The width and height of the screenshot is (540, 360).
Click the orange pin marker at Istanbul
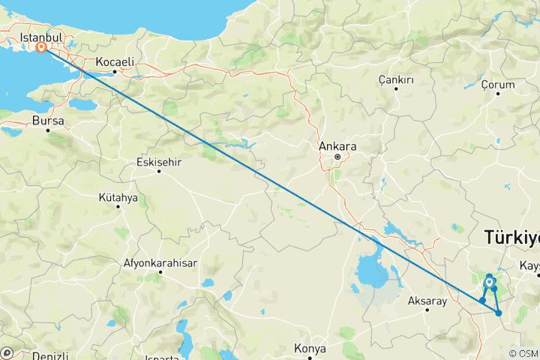(41, 48)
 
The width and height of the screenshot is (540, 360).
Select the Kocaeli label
(115, 61)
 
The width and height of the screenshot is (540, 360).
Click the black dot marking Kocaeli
(114, 72)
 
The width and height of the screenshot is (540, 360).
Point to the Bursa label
(48, 120)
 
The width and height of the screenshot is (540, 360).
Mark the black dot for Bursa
(47, 130)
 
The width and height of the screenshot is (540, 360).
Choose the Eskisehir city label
(159, 161)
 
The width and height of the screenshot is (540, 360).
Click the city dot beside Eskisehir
(159, 171)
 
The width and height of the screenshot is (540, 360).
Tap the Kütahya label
(118, 197)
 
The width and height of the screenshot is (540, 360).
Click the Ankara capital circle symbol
(337, 157)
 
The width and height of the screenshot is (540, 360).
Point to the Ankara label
(337, 146)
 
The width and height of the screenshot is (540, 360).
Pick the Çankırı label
(397, 79)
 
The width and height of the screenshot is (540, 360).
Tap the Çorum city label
(498, 84)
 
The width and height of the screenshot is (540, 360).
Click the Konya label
(310, 349)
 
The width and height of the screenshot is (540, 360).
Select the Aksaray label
(426, 301)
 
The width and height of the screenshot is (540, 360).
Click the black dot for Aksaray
(426, 310)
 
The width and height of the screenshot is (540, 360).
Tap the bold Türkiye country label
(512, 238)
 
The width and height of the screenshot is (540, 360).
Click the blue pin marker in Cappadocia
(489, 282)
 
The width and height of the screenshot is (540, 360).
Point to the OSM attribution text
(523, 353)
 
